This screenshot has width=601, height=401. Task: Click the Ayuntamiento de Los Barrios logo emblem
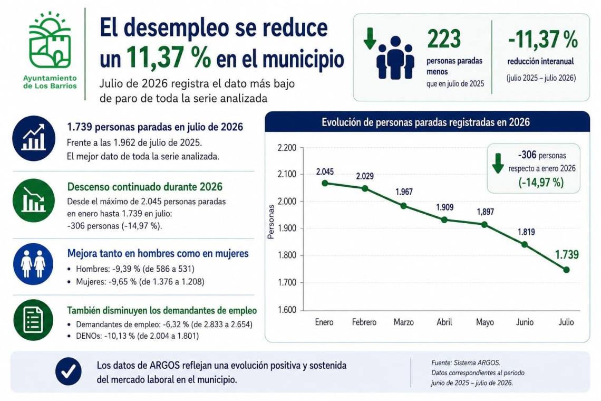(x=50, y=40)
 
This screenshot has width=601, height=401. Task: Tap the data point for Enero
(x=325, y=183)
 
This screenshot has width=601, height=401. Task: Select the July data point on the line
(x=567, y=270)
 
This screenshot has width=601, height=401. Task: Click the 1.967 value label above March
(x=404, y=192)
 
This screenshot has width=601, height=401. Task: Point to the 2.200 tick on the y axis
(x=287, y=148)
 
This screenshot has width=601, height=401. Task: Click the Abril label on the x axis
(x=444, y=322)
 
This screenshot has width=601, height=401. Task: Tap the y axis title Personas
(x=271, y=222)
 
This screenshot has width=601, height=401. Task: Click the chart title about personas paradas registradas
(x=425, y=122)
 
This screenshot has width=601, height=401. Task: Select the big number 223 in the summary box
(x=444, y=39)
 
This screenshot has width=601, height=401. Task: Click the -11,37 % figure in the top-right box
(x=542, y=40)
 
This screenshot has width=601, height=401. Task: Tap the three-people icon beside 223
(x=395, y=58)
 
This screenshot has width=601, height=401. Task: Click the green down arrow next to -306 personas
(x=498, y=163)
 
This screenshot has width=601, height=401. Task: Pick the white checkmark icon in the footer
(x=68, y=371)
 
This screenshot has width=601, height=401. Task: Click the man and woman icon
(x=33, y=264)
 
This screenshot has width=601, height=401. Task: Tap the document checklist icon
(x=33, y=320)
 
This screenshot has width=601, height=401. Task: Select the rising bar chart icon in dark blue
(x=33, y=138)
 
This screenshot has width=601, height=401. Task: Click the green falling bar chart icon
(x=33, y=200)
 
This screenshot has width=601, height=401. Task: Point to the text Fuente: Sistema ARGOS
(x=466, y=362)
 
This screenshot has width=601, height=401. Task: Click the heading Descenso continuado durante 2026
(x=145, y=187)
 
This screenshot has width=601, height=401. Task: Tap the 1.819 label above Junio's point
(x=526, y=232)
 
